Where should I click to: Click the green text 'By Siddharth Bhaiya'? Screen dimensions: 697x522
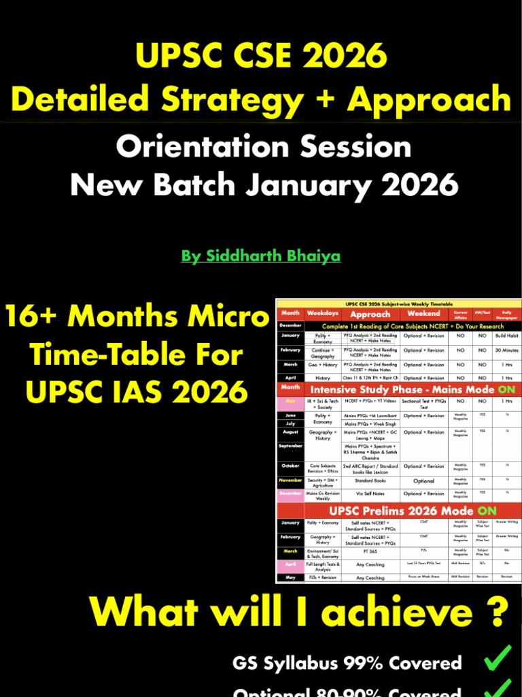[x=261, y=256]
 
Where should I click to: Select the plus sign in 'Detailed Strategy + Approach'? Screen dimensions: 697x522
[x=324, y=99]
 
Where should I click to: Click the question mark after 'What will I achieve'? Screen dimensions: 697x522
[x=499, y=612]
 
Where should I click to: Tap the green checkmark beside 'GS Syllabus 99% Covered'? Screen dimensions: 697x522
[x=498, y=660]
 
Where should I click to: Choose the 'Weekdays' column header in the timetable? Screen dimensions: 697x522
[x=323, y=314]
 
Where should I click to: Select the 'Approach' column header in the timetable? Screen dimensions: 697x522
[x=370, y=314]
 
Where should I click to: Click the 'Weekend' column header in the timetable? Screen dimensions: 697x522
[x=423, y=313]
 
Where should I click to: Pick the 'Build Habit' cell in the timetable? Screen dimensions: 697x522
[x=506, y=336]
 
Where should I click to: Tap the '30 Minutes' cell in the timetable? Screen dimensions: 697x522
[x=506, y=350]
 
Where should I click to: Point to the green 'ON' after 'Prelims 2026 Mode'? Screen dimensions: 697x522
[x=486, y=511]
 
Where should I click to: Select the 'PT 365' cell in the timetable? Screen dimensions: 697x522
[x=370, y=551]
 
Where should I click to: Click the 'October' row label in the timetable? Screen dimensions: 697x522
[x=290, y=466]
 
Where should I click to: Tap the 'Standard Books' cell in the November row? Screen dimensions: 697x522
[x=370, y=480]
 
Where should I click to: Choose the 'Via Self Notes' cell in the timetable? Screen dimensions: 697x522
[x=370, y=493]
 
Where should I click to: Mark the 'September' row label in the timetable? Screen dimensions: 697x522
[x=290, y=446]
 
